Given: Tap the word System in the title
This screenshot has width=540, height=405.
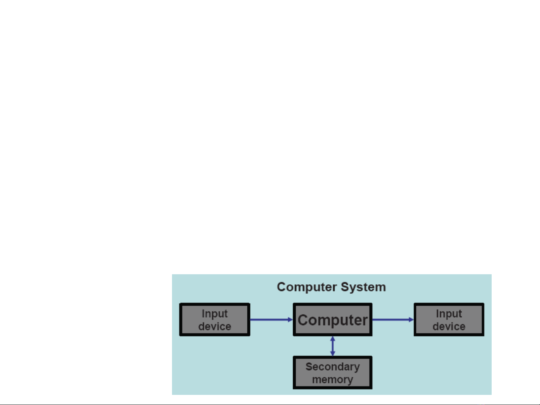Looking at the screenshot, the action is pyautogui.click(x=363, y=287).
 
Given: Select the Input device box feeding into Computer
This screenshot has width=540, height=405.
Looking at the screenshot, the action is pyautogui.click(x=215, y=320).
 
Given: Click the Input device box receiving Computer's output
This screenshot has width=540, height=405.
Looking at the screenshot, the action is pyautogui.click(x=449, y=320).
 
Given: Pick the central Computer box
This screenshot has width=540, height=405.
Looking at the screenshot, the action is pyautogui.click(x=333, y=320).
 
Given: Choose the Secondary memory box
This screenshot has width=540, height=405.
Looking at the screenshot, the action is pyautogui.click(x=333, y=372).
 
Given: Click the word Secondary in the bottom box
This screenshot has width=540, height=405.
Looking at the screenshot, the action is pyautogui.click(x=333, y=367).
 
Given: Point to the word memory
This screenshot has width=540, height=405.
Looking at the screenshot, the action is pyautogui.click(x=333, y=380).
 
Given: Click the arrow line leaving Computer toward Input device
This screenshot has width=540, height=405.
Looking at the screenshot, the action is pyautogui.click(x=393, y=320).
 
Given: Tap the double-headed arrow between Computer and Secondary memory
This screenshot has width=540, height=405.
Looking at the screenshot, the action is pyautogui.click(x=333, y=346).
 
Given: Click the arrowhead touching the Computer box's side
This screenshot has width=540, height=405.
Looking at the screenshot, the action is pyautogui.click(x=290, y=320).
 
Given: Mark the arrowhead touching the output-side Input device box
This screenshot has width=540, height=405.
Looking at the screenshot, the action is pyautogui.click(x=411, y=320).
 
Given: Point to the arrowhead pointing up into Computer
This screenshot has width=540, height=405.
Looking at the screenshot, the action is pyautogui.click(x=333, y=339).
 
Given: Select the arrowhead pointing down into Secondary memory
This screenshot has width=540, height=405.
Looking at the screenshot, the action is pyautogui.click(x=333, y=354).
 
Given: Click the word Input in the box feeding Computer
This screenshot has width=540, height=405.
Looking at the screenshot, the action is pyautogui.click(x=215, y=314).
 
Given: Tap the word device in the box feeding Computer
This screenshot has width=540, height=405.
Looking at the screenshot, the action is pyautogui.click(x=215, y=327).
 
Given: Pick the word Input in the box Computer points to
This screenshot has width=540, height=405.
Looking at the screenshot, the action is pyautogui.click(x=449, y=314).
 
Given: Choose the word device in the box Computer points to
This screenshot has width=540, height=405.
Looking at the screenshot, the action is pyautogui.click(x=449, y=327).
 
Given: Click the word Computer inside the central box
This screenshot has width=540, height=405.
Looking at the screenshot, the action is pyautogui.click(x=333, y=320).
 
